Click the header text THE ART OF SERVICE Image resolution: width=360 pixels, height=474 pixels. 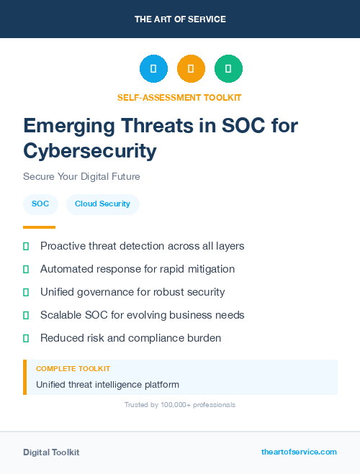tap(180, 19)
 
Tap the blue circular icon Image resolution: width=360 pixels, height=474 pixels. tap(153, 69)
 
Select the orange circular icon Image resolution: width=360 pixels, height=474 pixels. tap(191, 69)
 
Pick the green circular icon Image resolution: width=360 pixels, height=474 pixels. tap(228, 69)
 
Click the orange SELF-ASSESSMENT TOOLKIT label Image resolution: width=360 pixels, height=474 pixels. tap(180, 97)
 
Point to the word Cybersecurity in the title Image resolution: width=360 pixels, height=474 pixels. tap(90, 151)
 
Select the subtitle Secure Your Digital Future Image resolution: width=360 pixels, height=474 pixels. tap(81, 176)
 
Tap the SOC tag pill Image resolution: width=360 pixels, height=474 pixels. tap(40, 204)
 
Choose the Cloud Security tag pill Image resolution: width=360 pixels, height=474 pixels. tap(102, 204)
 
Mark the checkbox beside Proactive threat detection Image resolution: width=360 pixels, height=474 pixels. tap(26, 246)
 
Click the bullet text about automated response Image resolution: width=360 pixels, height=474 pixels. tap(138, 269)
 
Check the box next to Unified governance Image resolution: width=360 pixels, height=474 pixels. tap(26, 292)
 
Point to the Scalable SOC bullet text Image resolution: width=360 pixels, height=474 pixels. tap(143, 315)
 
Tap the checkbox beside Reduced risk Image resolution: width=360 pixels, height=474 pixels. tap(26, 338)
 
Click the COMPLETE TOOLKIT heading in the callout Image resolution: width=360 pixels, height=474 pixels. tap(73, 368)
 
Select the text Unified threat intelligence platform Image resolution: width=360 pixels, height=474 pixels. tap(107, 385)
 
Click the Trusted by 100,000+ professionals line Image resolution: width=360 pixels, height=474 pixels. tap(180, 405)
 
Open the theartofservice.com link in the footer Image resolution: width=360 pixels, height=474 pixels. tap(299, 452)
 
